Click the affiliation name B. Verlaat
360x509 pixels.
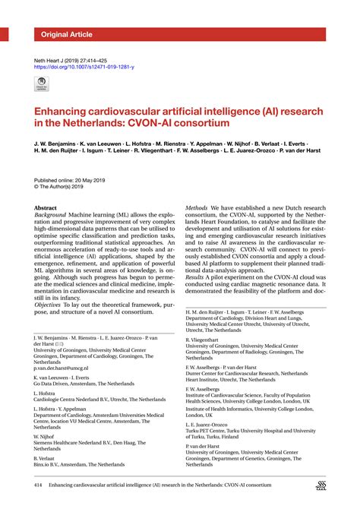46,458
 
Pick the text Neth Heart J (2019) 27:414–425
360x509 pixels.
81,58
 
